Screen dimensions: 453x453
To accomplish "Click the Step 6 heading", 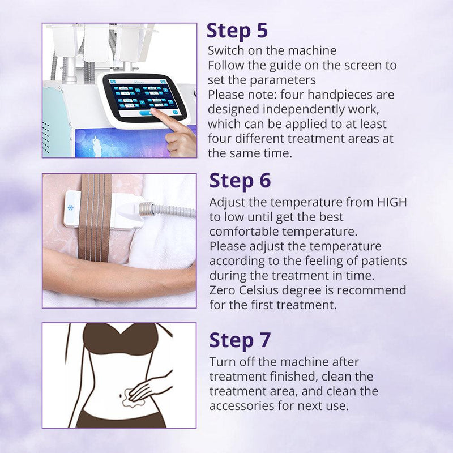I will [x=240, y=181].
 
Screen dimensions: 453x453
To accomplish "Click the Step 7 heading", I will [x=240, y=340].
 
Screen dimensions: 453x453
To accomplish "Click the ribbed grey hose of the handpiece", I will [x=170, y=210].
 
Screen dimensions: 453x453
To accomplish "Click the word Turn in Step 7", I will [x=221, y=362].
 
